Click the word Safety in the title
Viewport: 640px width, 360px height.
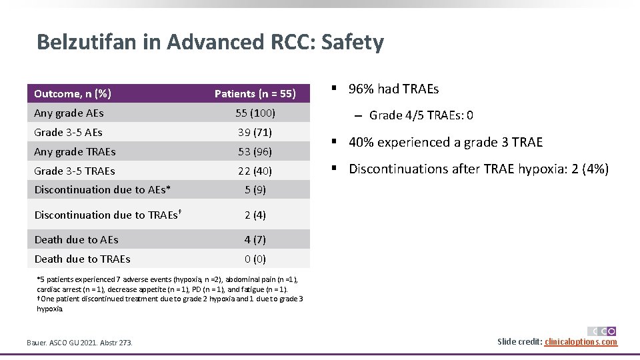tap(352, 42)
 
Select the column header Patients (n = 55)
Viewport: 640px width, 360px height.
tap(255, 94)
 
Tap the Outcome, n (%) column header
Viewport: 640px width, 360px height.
tap(73, 93)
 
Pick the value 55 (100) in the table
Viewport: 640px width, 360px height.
tap(255, 113)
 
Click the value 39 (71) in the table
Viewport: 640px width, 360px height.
tap(255, 133)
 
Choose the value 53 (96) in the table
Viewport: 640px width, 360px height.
tap(255, 152)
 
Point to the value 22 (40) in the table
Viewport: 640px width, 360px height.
tap(255, 171)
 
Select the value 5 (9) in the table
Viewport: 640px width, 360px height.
tap(255, 190)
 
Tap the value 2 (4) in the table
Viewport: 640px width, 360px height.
tap(255, 215)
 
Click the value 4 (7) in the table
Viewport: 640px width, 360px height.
tap(255, 240)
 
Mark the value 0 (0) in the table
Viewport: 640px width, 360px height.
tap(255, 259)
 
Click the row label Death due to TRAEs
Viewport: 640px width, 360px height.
tap(82, 259)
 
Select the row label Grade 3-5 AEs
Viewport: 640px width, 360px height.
tap(68, 133)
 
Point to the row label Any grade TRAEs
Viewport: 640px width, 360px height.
tap(75, 152)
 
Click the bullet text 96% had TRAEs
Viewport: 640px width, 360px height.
tap(393, 89)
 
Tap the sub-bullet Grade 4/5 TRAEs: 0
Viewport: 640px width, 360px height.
tap(421, 116)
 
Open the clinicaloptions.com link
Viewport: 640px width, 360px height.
tap(581, 342)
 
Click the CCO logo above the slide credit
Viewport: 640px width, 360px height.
tap(601, 331)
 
